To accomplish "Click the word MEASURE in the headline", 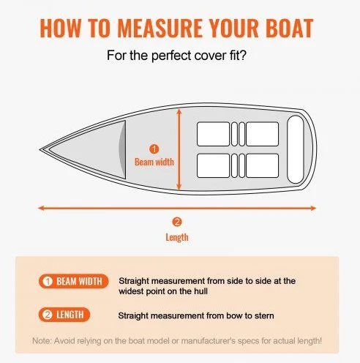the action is pyautogui.click(x=160, y=28).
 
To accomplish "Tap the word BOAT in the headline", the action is pyautogui.click(x=290, y=28).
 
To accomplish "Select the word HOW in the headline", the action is pyautogui.click(x=60, y=28).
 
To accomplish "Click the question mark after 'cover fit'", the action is pyautogui.click(x=243, y=55).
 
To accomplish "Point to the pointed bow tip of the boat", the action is pyautogui.click(x=40, y=149).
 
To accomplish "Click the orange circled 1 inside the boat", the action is pyautogui.click(x=154, y=149).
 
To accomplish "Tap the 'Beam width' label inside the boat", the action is pyautogui.click(x=154, y=162).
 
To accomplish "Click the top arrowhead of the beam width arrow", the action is pyautogui.click(x=179, y=111).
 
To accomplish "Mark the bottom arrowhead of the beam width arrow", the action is pyautogui.click(x=179, y=187).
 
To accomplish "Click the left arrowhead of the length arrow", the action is pyautogui.click(x=41, y=208).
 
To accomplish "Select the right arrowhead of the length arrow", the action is pyautogui.click(x=313, y=208).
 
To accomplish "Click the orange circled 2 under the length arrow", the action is pyautogui.click(x=177, y=222).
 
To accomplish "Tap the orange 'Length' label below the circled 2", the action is pyautogui.click(x=177, y=237).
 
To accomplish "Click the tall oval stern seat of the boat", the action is pyautogui.click(x=296, y=149).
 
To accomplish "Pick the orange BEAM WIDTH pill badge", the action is pyautogui.click(x=73, y=281).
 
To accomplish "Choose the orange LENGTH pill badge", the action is pyautogui.click(x=64, y=315).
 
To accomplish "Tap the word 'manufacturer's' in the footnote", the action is pyautogui.click(x=208, y=341).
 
